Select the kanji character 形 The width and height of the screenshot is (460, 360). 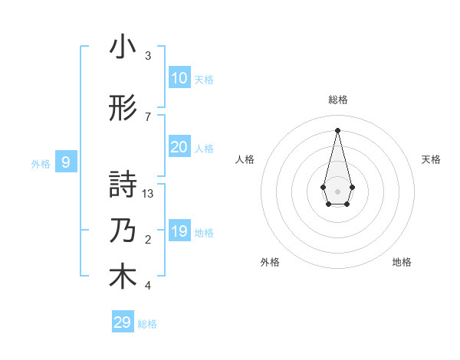[x=123, y=109]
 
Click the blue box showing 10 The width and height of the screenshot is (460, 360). [x=179, y=79]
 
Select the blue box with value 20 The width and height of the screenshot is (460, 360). [x=179, y=148]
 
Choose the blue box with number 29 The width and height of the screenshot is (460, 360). [x=122, y=322]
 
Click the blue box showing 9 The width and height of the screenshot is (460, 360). [x=66, y=162]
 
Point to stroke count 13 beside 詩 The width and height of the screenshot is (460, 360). [x=148, y=194]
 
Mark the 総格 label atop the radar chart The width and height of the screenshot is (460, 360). [x=338, y=100]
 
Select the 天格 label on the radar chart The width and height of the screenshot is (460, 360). [x=432, y=159]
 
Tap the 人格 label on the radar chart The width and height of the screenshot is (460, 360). [x=245, y=159]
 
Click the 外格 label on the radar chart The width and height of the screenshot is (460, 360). [x=270, y=262]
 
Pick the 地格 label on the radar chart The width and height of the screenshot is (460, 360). [x=402, y=262]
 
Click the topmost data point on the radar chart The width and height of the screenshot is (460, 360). [x=338, y=129]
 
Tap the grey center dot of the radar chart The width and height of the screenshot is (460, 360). [x=338, y=191]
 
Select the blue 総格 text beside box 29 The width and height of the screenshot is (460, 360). [x=147, y=324]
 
